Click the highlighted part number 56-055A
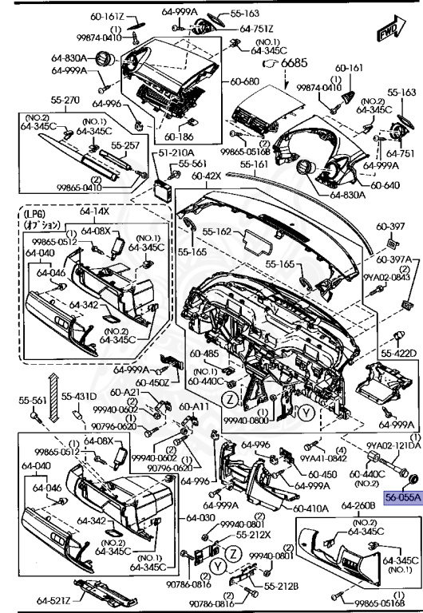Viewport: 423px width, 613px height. coord(403,495)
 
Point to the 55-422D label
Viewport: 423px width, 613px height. coord(397,352)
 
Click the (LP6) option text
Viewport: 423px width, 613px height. coord(35,214)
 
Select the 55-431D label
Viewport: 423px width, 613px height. coord(80,397)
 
